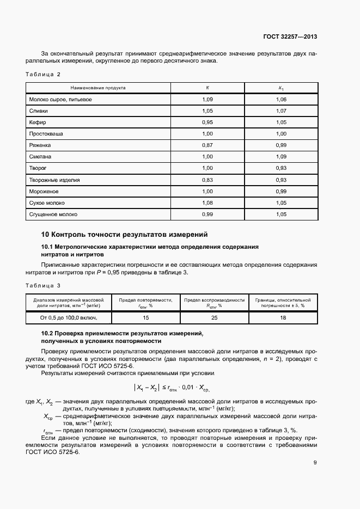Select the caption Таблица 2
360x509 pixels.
click(43, 74)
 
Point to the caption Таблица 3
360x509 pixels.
click(43, 285)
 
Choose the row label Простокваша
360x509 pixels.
click(45, 134)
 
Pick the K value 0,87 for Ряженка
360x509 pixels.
click(207, 145)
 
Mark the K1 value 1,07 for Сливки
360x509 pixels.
click(281, 111)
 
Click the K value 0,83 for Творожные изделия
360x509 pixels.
click(207, 180)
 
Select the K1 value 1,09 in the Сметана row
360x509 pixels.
click(281, 157)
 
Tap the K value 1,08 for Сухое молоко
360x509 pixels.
click(207, 203)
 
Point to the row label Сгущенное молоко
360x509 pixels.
click(53, 214)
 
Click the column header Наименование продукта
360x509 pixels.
click(98, 87)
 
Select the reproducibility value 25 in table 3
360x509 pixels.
click(213, 317)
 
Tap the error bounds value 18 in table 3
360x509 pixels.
click(283, 317)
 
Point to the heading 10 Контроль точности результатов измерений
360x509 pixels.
click(125, 235)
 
